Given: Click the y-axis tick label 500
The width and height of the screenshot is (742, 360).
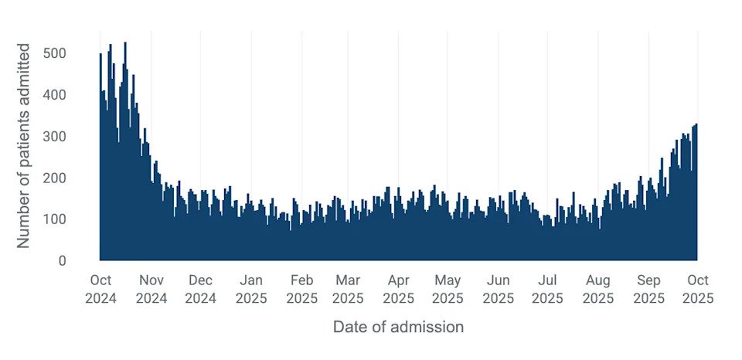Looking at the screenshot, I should (x=76, y=53).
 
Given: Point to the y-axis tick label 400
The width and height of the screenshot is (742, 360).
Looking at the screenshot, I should (x=76, y=95).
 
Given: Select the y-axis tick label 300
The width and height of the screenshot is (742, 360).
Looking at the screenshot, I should (x=76, y=137).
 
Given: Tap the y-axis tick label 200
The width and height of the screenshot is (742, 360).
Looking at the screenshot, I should (x=76, y=178).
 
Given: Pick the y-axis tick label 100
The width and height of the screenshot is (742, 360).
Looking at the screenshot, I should (x=76, y=219).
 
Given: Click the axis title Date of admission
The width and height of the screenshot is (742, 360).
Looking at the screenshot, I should (x=398, y=327).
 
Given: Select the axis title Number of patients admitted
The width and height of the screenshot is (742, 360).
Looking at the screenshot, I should (x=24, y=145).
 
